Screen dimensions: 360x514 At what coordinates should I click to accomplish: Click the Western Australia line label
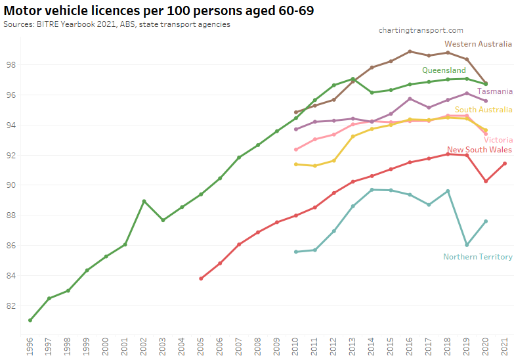[x=477, y=44]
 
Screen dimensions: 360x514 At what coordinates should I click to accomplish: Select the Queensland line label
[x=444, y=70]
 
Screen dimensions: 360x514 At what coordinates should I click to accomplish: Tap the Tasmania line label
[x=495, y=91]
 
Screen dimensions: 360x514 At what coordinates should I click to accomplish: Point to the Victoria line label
[x=498, y=140]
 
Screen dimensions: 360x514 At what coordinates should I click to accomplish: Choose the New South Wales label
[x=479, y=150]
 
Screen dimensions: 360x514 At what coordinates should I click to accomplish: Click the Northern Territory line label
[x=477, y=257]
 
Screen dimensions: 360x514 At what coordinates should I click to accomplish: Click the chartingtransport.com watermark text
[x=421, y=30]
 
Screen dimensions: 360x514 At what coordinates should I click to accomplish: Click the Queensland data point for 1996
[x=30, y=320]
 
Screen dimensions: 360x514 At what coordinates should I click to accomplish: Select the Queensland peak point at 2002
[x=144, y=201]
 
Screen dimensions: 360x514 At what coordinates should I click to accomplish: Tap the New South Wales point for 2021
[x=505, y=164]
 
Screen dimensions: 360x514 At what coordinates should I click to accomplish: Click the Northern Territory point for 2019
[x=467, y=244]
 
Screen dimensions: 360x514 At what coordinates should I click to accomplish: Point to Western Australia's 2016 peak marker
[x=410, y=51]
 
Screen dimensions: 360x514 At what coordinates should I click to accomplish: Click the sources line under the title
[x=116, y=24]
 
